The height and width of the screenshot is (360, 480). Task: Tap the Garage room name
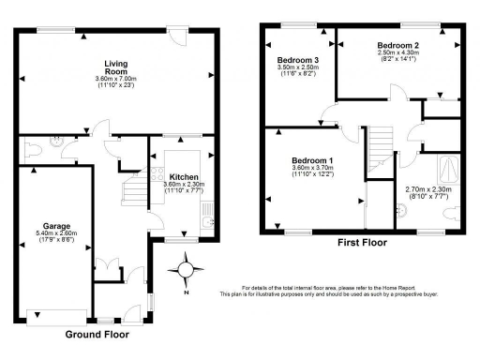[x=56, y=225]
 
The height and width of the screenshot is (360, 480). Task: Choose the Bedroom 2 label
[x=397, y=45]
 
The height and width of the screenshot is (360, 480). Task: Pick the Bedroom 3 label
[x=299, y=60]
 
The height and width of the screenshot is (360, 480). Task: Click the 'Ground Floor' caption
[x=97, y=334]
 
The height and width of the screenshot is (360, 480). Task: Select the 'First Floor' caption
[x=369, y=242]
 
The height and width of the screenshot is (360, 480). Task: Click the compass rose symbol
[x=186, y=271]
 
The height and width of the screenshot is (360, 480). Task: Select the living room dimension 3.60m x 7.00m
[x=116, y=78]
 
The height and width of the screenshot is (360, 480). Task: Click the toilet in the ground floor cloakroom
[x=33, y=147]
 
